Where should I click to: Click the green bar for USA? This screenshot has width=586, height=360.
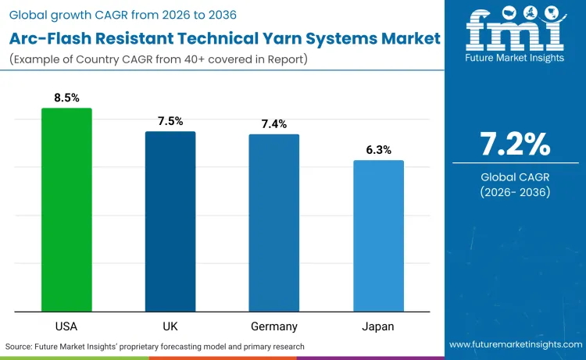coord(66,210)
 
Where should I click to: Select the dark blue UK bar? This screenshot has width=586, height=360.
coord(170,222)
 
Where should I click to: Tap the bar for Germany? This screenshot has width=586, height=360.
coord(274,223)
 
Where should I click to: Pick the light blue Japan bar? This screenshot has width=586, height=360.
coord(378,236)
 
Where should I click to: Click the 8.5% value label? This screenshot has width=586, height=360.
coord(66,98)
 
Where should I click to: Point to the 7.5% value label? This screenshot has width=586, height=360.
coord(170,121)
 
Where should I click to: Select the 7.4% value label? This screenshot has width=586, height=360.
coord(274,123)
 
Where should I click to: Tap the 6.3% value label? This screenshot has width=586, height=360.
coord(378,150)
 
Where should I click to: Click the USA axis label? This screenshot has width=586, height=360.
coord(66,326)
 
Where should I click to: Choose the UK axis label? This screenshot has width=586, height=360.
coord(170,326)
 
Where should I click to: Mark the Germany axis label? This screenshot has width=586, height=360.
coord(274,326)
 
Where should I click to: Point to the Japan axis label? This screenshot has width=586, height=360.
coord(378,326)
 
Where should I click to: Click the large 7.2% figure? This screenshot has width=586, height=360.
coord(515,144)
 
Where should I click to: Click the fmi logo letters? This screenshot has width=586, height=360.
coord(515,29)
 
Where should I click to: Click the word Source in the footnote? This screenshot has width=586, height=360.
coord(21,346)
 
